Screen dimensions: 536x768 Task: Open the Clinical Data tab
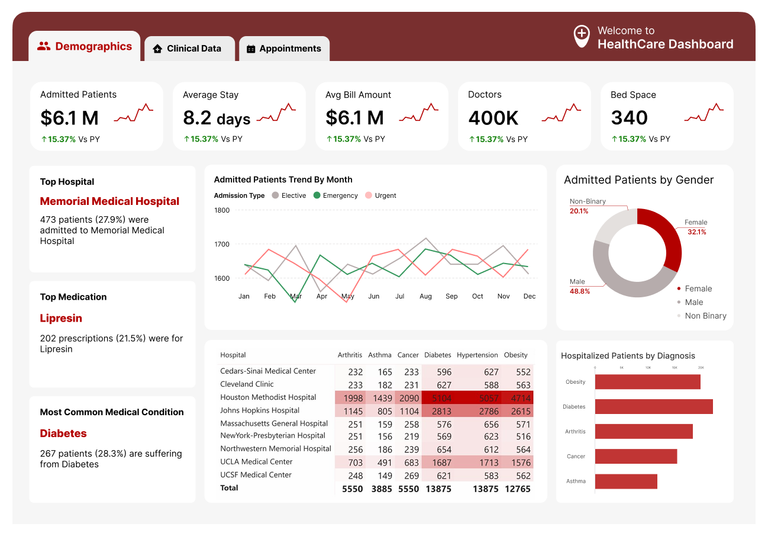(189, 49)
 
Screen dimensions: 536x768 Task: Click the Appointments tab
(285, 49)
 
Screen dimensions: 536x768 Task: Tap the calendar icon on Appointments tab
(251, 49)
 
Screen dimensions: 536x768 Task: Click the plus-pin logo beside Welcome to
(582, 36)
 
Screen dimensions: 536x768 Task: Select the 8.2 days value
(217, 118)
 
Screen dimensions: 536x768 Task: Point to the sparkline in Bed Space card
(704, 114)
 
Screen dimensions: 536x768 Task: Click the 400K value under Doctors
(493, 118)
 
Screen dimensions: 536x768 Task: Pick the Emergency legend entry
(336, 195)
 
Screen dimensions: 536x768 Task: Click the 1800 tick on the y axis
(222, 210)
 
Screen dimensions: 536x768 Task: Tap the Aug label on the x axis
(425, 296)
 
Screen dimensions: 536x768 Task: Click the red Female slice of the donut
(666, 234)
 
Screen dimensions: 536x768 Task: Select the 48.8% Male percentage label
(580, 291)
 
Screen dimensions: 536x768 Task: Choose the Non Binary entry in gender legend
(705, 316)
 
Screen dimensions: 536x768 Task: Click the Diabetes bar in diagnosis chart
(653, 406)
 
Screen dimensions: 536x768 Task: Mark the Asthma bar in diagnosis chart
(626, 481)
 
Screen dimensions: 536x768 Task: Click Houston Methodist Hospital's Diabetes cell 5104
(438, 398)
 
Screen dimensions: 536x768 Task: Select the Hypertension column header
(477, 355)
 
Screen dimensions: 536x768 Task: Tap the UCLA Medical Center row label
(256, 461)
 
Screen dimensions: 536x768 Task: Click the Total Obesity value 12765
(517, 489)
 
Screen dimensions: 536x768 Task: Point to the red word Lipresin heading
(61, 318)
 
